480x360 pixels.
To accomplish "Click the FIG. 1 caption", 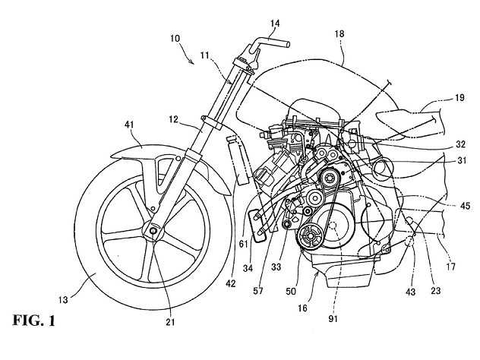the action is tap(33, 321).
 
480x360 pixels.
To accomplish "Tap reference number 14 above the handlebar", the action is tap(275, 24).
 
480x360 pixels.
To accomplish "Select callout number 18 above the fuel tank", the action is tap(339, 33).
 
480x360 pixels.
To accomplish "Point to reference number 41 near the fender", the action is tap(129, 125).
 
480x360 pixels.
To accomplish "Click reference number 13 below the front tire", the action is tap(63, 300).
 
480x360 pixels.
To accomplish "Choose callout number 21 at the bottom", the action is tap(171, 322).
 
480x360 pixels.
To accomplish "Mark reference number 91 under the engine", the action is tap(333, 319).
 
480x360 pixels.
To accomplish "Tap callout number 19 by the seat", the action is tap(459, 98).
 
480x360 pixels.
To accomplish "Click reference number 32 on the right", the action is tap(460, 144).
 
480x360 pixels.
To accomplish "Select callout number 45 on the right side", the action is tap(465, 206).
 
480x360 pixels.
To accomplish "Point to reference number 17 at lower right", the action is tap(450, 267).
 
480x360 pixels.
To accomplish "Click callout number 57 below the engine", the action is tap(257, 291).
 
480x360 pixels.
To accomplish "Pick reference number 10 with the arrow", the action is tap(175, 39).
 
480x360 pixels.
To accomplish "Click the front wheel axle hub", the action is tap(153, 230).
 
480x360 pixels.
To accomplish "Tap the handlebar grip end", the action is tap(287, 45).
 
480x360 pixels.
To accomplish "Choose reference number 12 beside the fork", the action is tap(173, 118).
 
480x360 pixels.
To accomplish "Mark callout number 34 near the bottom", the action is tap(248, 268).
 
